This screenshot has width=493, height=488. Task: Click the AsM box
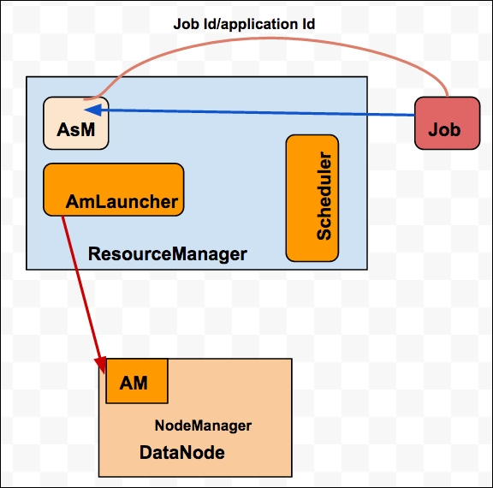[76, 123]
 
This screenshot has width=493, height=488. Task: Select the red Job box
[447, 123]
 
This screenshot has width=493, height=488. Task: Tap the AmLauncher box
[114, 189]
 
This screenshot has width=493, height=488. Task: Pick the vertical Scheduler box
[312, 198]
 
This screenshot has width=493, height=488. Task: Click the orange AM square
[137, 381]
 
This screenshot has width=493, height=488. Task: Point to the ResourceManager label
[167, 254]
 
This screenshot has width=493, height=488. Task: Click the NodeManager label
[203, 426]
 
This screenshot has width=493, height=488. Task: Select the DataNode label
[182, 452]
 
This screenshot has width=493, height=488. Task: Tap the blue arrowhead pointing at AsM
[93, 110]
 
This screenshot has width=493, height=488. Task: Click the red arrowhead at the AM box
[101, 365]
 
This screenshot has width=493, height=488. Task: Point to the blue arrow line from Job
[250, 112]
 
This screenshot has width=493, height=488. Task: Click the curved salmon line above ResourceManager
[267, 39]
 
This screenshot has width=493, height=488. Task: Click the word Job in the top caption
[187, 24]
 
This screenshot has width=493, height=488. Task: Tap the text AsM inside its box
[76, 129]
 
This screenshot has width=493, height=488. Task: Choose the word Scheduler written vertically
[324, 196]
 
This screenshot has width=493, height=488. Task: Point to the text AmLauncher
[122, 201]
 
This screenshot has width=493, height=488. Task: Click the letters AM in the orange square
[134, 383]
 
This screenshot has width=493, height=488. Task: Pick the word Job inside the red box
[444, 129]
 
